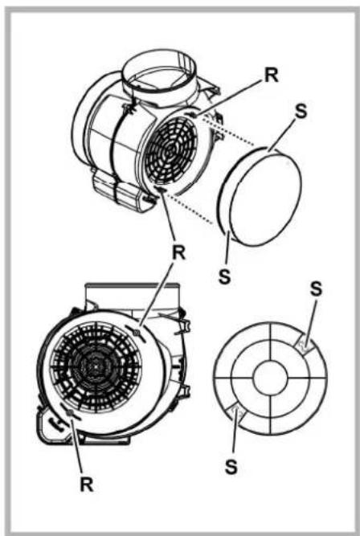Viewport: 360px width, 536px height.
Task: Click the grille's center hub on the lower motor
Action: (96, 366)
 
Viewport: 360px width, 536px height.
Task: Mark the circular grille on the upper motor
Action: (171, 153)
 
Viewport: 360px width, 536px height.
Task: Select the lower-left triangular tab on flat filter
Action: (235, 412)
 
